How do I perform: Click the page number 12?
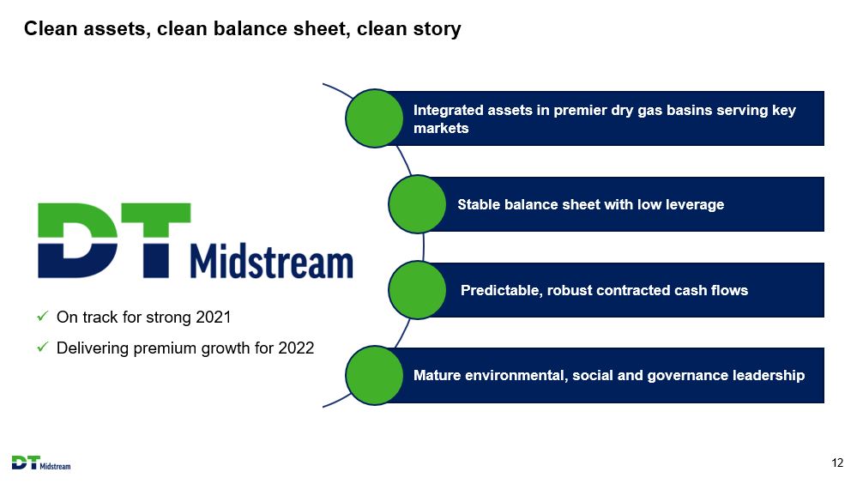[837, 463]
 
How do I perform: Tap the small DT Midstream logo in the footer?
[41, 463]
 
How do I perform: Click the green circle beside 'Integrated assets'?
[374, 118]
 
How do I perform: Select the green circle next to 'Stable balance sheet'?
[417, 204]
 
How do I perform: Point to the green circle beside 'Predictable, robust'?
[417, 290]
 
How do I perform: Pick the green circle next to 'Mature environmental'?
[374, 376]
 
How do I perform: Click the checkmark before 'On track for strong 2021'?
[42, 317]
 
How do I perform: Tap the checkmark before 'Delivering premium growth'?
[42, 348]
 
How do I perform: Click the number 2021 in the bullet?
[213, 318]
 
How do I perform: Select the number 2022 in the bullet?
[296, 348]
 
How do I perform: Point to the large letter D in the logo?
[77, 240]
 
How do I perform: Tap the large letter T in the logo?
[156, 240]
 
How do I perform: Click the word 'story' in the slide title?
[437, 29]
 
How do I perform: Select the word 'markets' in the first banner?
[442, 129]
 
